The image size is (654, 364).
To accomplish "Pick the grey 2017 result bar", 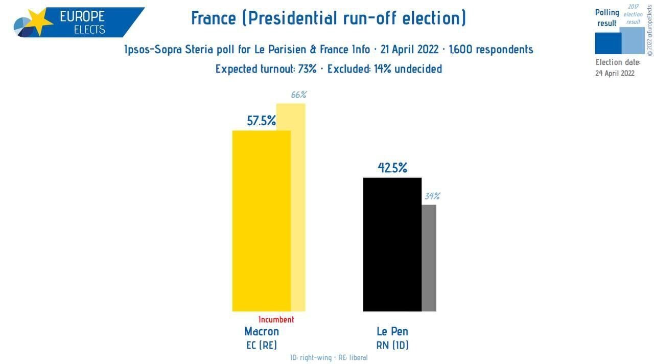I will (x=429, y=258).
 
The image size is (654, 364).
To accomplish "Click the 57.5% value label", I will (x=261, y=121).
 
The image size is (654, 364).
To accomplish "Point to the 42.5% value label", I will (x=392, y=168).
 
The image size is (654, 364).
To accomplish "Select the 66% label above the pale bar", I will (x=298, y=95).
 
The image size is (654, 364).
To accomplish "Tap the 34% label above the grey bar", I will (x=432, y=196).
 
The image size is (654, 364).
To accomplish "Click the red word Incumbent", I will (x=276, y=320).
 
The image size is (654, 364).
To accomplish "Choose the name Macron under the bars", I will (x=262, y=332).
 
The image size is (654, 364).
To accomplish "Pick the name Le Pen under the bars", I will (x=392, y=332).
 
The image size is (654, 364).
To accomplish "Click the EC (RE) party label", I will (x=262, y=345).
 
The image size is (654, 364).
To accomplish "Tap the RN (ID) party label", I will (x=392, y=345).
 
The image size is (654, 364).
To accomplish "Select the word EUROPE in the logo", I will (x=82, y=16).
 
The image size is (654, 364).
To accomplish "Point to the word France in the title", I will (x=214, y=18).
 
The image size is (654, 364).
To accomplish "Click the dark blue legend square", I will (x=608, y=43).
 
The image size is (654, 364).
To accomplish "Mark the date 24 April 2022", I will (x=615, y=73).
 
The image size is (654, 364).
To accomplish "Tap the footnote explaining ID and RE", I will (x=329, y=358).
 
